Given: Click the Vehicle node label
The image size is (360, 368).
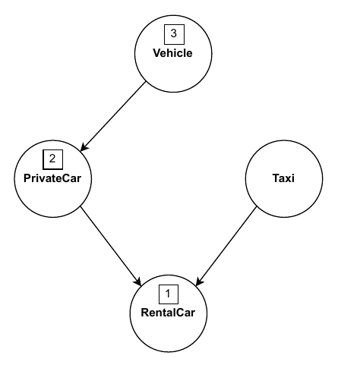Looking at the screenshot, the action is (172, 53).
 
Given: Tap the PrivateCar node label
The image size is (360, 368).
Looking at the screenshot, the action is (52, 178).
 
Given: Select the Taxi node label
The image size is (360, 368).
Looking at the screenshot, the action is (283, 178).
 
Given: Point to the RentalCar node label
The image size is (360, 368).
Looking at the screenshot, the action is (168, 313).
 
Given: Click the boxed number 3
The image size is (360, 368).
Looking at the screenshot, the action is (174, 34).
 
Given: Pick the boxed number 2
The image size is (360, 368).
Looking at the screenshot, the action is (52, 159).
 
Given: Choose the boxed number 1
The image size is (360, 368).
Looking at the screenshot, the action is (169, 294).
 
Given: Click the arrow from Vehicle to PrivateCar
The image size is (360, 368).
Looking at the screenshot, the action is (113, 116).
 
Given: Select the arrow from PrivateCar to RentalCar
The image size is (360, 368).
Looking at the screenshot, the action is (111, 247).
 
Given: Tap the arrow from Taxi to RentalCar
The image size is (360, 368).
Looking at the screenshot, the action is (226, 247).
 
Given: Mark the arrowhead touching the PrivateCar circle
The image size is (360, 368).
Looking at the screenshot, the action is (84, 148).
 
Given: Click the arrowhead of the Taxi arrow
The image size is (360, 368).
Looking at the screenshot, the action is (199, 282).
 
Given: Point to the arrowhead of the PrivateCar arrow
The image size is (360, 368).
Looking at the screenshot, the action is (138, 282).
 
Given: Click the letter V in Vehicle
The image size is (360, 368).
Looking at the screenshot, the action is (157, 53).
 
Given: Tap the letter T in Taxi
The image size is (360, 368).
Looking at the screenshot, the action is (276, 178).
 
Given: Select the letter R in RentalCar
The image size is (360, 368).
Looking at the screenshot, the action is (145, 313).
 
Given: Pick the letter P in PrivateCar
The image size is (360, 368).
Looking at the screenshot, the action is (27, 178).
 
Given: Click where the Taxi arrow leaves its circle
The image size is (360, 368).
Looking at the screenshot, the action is (257, 207).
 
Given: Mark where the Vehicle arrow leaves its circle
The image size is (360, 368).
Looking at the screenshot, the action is (146, 81).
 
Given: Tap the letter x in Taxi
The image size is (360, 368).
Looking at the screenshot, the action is (289, 179).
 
